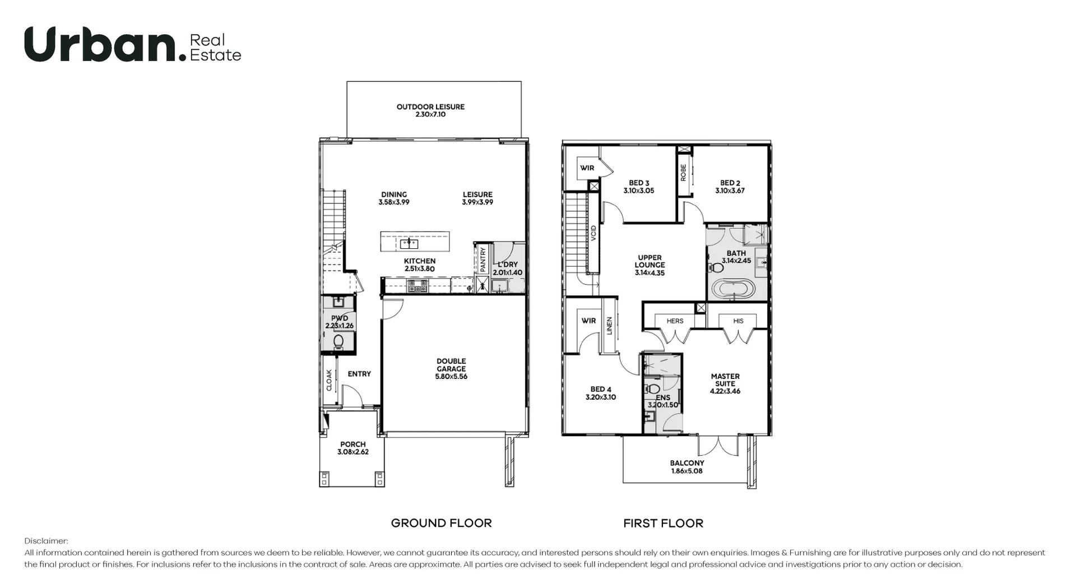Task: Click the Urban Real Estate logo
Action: (132, 45)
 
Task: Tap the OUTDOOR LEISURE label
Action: (430, 107)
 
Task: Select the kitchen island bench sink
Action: (409, 243)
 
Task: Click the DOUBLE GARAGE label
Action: (451, 365)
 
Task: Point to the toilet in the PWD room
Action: (338, 341)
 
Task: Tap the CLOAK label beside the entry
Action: (329, 379)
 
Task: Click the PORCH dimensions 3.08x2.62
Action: (353, 452)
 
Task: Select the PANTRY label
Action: (483, 260)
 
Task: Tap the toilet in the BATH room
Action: (716, 267)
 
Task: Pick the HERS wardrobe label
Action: (675, 321)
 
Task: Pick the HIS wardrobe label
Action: (738, 321)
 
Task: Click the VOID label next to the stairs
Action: (593, 233)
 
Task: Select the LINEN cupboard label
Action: (609, 326)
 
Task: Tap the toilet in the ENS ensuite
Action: (652, 388)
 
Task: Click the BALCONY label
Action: (687, 463)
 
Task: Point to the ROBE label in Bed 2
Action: (683, 172)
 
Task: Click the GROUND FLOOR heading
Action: (441, 523)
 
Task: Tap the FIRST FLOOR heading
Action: (663, 523)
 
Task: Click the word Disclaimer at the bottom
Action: (46, 541)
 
